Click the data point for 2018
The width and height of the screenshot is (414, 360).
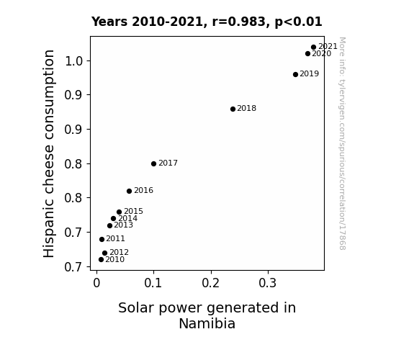pyautogui.click(x=233, y=109)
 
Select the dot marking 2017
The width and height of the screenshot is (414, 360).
pyautogui.click(x=153, y=163)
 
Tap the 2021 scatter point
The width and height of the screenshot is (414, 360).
pyautogui.click(x=313, y=48)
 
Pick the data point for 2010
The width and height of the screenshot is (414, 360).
pyautogui.click(x=101, y=260)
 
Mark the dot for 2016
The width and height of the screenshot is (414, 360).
pyautogui.click(x=129, y=192)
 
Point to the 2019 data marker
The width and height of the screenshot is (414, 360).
pyautogui.click(x=295, y=74)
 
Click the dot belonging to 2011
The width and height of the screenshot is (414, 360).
pyautogui.click(x=102, y=239)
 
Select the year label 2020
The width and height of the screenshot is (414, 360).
pyautogui.click(x=322, y=54)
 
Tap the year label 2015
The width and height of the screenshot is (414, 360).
pyautogui.click(x=133, y=211)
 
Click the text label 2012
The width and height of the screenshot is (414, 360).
pyautogui.click(x=119, y=253)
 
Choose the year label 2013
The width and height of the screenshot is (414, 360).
pyautogui.click(x=123, y=225)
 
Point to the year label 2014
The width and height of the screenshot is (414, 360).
pyautogui.click(x=127, y=218)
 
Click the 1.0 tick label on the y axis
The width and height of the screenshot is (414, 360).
pyautogui.click(x=73, y=61)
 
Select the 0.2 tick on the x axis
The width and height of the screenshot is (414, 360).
pyautogui.click(x=211, y=283)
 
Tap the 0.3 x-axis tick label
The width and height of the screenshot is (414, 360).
pyautogui.click(x=267, y=283)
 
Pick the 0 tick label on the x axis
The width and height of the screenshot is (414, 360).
pyautogui.click(x=96, y=283)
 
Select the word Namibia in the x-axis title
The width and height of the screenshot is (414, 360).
pyautogui.click(x=207, y=323)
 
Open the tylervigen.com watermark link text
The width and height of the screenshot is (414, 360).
pyautogui.click(x=342, y=144)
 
